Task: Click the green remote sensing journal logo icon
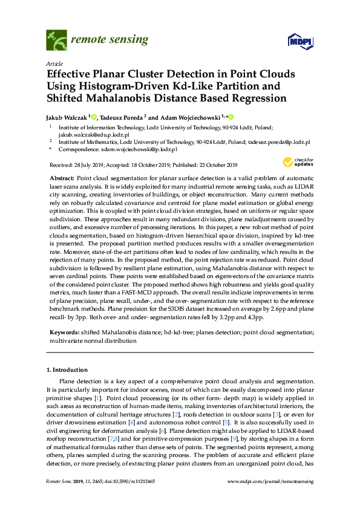pyautogui.click(x=56, y=41)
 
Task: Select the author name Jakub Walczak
pyautogui.click(x=67, y=117)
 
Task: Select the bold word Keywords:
pyautogui.click(x=64, y=332)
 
